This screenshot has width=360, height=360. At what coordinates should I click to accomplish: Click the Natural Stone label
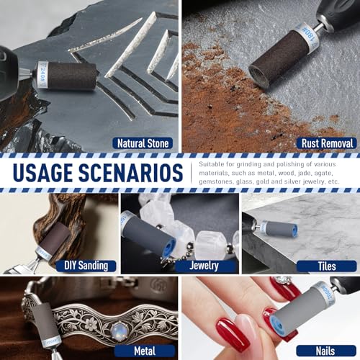[143, 143]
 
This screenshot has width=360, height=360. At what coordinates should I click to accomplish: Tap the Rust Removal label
[327, 143]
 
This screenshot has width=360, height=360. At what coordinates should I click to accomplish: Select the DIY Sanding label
[86, 266]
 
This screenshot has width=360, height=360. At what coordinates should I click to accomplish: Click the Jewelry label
[204, 266]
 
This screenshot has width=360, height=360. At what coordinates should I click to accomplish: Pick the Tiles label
[327, 266]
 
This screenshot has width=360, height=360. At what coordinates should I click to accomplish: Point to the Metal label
[145, 351]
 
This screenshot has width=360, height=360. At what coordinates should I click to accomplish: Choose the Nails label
[325, 351]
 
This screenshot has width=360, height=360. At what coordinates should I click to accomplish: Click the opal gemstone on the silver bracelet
[118, 331]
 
